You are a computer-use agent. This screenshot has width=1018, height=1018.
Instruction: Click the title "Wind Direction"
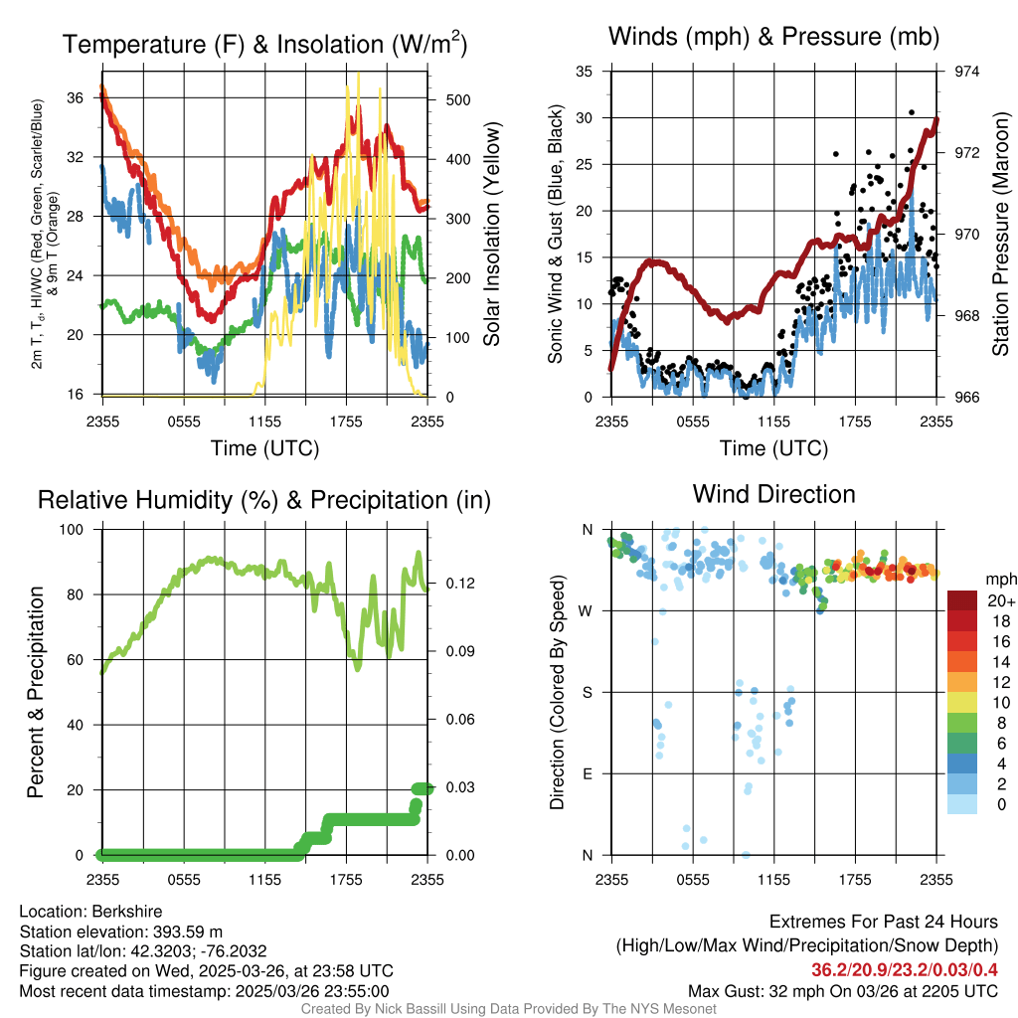pyautogui.click(x=773, y=494)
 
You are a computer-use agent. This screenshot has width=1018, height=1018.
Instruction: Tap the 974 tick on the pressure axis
pyautogui.click(x=966, y=72)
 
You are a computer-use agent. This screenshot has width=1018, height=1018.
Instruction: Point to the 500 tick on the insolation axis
pyautogui.click(x=457, y=100)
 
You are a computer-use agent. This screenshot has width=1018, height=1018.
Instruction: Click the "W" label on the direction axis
pyautogui.click(x=587, y=610)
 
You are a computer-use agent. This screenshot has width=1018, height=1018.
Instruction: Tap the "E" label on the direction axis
pyautogui.click(x=588, y=773)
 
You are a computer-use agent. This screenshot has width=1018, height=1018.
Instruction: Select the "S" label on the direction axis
pyautogui.click(x=588, y=692)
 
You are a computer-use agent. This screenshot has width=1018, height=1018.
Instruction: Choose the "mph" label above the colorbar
pyautogui.click(x=999, y=579)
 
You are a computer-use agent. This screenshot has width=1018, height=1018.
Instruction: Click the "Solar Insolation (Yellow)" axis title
pyautogui.click(x=491, y=234)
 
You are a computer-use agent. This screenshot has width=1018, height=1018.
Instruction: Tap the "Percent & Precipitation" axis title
pyautogui.click(x=36, y=691)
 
